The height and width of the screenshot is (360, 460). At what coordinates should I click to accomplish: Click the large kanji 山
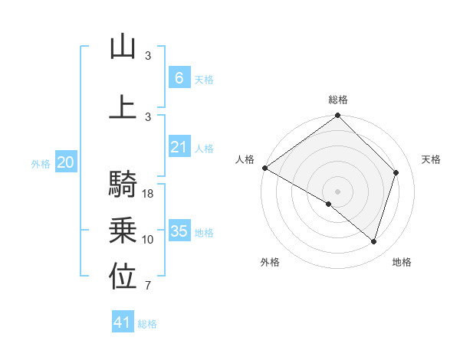click(x=123, y=47)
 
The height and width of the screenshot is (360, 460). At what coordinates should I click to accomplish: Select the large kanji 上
click(x=123, y=106)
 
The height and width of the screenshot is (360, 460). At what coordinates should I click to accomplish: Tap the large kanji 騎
click(x=123, y=184)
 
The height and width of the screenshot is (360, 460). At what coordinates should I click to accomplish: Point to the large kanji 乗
click(x=123, y=231)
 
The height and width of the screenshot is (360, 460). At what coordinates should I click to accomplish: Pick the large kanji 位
click(x=123, y=278)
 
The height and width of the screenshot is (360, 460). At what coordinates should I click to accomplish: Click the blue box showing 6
click(x=179, y=78)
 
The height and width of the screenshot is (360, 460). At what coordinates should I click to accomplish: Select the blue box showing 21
click(x=179, y=147)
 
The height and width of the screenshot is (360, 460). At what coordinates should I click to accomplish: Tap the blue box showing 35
click(x=179, y=231)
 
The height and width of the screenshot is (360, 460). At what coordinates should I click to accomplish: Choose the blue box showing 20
click(x=66, y=162)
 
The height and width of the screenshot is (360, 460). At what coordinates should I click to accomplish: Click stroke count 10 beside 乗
click(x=149, y=240)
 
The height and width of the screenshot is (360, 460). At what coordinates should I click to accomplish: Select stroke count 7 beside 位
click(x=148, y=286)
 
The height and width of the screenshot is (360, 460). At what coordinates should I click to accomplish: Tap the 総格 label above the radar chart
click(x=338, y=100)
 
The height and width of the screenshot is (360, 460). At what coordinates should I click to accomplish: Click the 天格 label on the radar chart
click(x=432, y=159)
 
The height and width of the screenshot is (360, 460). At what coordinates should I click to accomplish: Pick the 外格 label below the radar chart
click(x=270, y=262)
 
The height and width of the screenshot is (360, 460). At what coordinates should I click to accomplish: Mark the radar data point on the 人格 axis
click(x=264, y=168)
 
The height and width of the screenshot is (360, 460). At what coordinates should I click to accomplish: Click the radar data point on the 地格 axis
click(x=374, y=241)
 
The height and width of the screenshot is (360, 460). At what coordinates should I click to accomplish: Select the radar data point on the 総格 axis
click(x=338, y=116)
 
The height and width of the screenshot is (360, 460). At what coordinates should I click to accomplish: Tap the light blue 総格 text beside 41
click(x=147, y=324)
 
